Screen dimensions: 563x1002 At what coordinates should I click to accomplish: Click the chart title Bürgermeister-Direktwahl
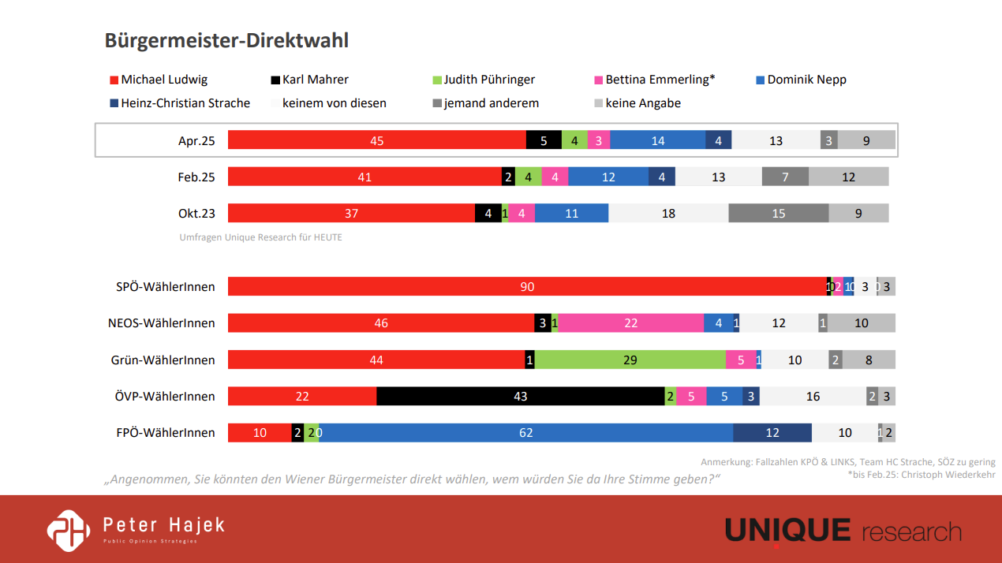click(226, 41)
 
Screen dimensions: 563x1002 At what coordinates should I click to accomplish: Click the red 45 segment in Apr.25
click(376, 140)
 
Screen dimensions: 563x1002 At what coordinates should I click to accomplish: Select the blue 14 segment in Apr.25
click(657, 140)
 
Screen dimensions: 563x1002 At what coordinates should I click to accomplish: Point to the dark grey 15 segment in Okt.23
click(778, 213)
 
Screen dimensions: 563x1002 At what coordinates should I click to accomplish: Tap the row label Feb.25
click(196, 177)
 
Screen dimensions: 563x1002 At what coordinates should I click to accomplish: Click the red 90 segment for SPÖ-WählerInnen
click(526, 286)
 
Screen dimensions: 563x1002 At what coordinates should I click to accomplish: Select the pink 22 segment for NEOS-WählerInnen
click(630, 323)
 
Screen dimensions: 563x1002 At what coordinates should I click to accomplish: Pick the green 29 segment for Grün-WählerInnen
click(630, 360)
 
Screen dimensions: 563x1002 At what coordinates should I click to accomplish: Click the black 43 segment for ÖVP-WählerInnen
click(520, 396)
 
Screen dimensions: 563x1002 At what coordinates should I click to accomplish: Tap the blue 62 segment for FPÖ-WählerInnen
click(525, 433)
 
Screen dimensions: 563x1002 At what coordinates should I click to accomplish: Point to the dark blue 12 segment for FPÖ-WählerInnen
click(772, 433)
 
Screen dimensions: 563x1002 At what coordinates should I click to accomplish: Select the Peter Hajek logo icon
click(69, 530)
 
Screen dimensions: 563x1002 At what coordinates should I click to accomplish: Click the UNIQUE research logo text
click(843, 531)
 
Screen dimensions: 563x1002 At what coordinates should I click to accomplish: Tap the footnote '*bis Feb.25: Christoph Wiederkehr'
click(921, 475)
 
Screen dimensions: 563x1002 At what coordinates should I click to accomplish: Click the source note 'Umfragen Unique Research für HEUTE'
click(260, 237)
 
